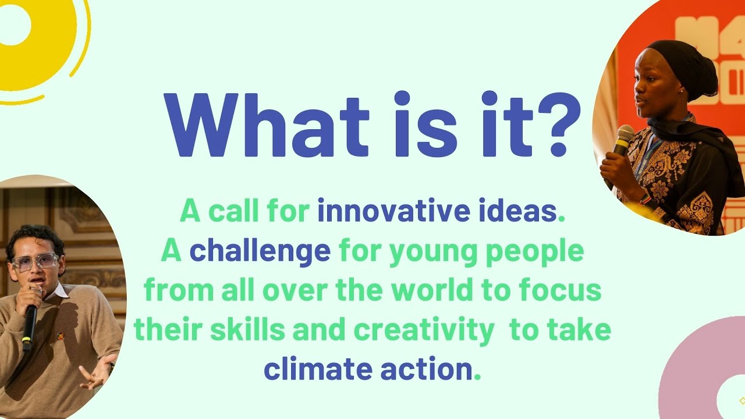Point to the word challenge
[260, 251]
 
